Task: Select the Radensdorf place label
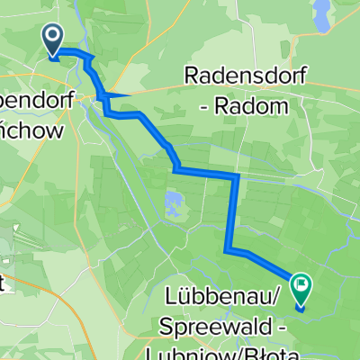(x=236, y=76)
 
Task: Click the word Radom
(x=256, y=106)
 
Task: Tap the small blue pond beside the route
(x=172, y=200)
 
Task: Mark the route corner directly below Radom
(x=236, y=177)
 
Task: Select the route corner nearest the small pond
(x=176, y=169)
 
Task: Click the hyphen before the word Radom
(x=208, y=106)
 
